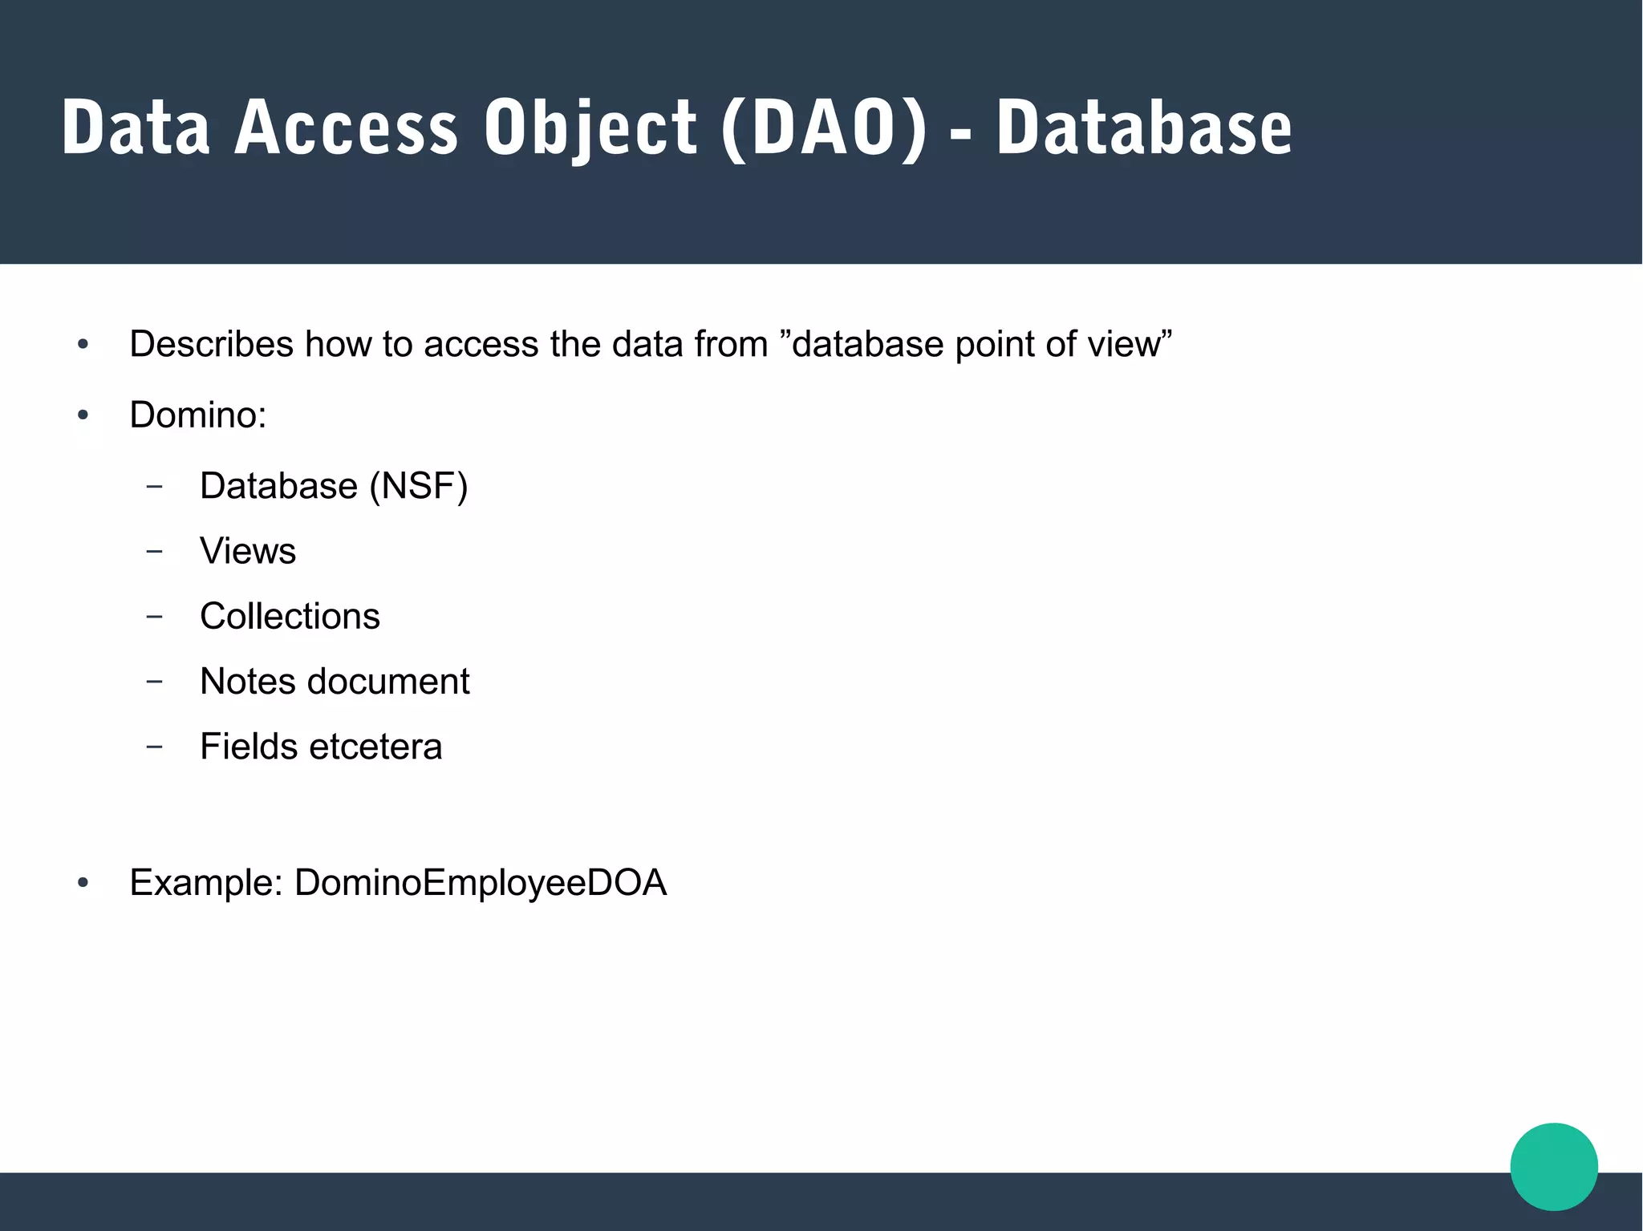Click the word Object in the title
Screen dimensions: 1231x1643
point(590,128)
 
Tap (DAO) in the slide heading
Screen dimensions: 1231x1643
point(824,128)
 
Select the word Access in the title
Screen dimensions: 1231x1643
point(346,128)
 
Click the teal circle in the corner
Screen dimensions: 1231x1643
point(1553,1166)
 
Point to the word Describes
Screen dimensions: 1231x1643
point(212,344)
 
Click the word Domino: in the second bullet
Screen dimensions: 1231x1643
point(198,415)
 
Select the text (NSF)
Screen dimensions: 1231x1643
point(418,486)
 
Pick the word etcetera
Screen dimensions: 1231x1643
point(375,747)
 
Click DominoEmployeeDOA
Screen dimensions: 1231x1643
point(481,883)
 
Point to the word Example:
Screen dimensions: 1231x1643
point(206,883)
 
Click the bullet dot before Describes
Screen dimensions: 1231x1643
point(83,346)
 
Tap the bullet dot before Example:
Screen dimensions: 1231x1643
point(83,884)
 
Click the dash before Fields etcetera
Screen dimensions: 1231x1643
point(155,747)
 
